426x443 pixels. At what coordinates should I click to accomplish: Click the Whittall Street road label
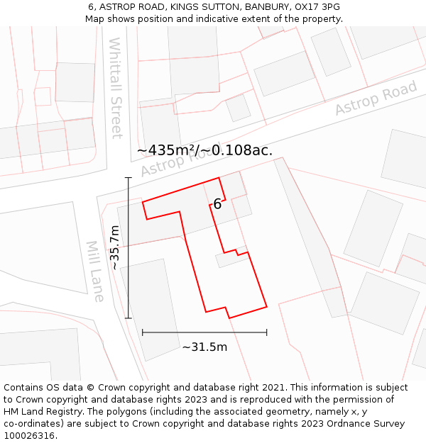tap(116, 88)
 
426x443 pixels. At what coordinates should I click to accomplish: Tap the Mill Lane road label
tap(96, 271)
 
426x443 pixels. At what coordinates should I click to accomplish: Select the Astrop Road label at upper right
tap(376, 99)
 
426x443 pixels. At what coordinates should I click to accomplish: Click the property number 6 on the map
tap(217, 204)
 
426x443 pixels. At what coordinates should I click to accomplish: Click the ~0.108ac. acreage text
tap(238, 150)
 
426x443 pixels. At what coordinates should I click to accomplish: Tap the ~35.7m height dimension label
tap(115, 247)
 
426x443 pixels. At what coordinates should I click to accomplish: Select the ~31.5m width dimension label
tap(204, 347)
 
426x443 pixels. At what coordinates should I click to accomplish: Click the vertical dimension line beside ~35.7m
tap(129, 247)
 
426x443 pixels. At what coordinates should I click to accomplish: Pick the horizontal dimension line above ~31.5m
tap(204, 332)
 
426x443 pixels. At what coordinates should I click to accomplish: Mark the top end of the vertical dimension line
tap(129, 177)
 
